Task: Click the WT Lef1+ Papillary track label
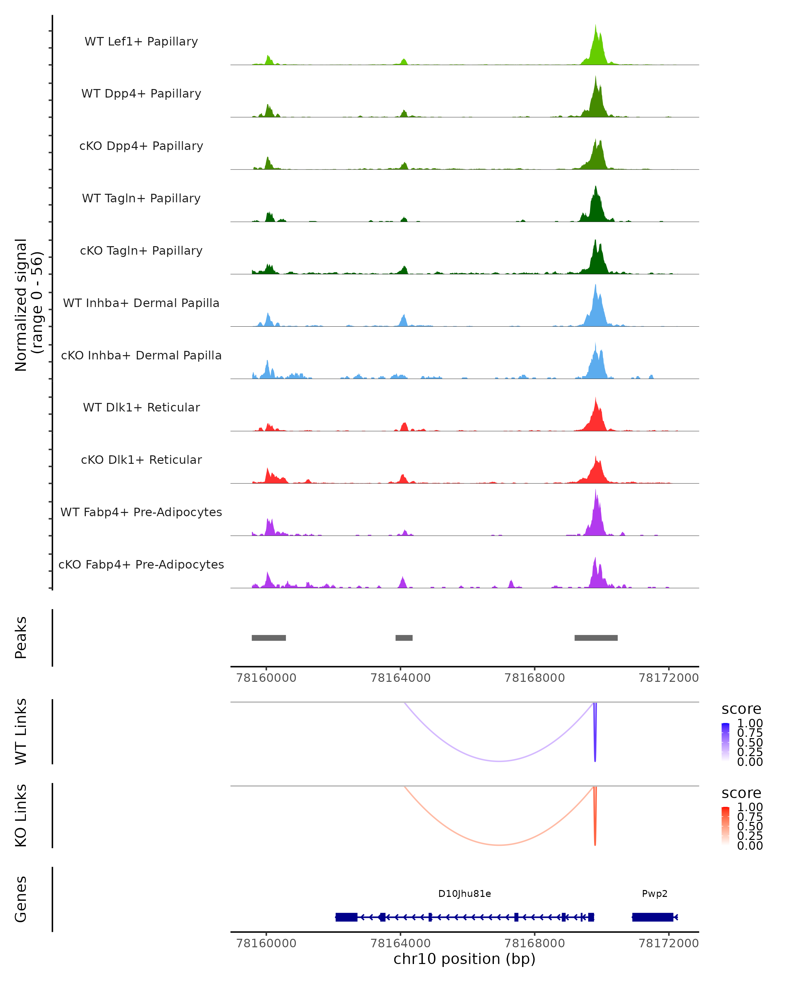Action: tap(141, 42)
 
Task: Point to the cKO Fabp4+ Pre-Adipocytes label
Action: tap(141, 564)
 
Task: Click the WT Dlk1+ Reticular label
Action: tap(141, 407)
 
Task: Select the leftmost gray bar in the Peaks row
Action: tap(269, 638)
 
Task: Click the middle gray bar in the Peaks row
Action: tap(404, 638)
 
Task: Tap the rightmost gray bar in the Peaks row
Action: tap(596, 638)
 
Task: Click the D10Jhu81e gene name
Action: tap(464, 894)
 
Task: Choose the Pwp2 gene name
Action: tap(654, 894)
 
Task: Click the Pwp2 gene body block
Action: tap(652, 917)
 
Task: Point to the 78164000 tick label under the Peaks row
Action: tap(401, 678)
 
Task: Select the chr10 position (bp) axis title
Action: tap(464, 959)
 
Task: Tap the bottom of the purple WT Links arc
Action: tap(499, 761)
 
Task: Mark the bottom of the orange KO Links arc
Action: tap(499, 845)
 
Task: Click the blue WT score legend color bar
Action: tap(725, 742)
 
